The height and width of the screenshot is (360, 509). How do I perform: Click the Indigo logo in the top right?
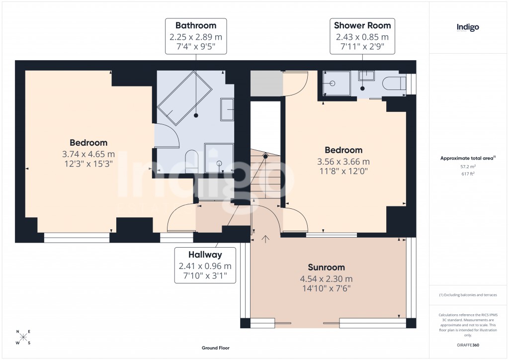click(x=468, y=27)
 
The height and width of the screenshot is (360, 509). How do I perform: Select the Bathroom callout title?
click(x=196, y=25)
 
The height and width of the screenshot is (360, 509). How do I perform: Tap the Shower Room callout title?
click(x=362, y=25)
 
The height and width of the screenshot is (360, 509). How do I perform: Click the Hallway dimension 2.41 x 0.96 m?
click(x=205, y=266)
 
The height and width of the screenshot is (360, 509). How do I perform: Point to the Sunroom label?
click(x=326, y=267)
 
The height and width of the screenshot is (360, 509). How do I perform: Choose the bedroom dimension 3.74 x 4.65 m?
click(x=88, y=154)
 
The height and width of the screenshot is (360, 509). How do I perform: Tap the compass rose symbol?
click(x=23, y=337)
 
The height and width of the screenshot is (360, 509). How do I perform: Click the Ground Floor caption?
click(x=216, y=348)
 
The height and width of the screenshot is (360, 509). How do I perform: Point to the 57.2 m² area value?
click(x=468, y=167)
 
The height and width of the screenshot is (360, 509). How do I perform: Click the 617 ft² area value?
click(x=468, y=174)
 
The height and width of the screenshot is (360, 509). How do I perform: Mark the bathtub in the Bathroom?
click(x=185, y=97)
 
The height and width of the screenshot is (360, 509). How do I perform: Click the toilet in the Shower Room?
click(x=394, y=84)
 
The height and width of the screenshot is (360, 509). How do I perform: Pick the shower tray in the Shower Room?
click(x=336, y=83)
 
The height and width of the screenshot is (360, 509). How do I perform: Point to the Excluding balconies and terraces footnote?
click(x=468, y=295)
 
